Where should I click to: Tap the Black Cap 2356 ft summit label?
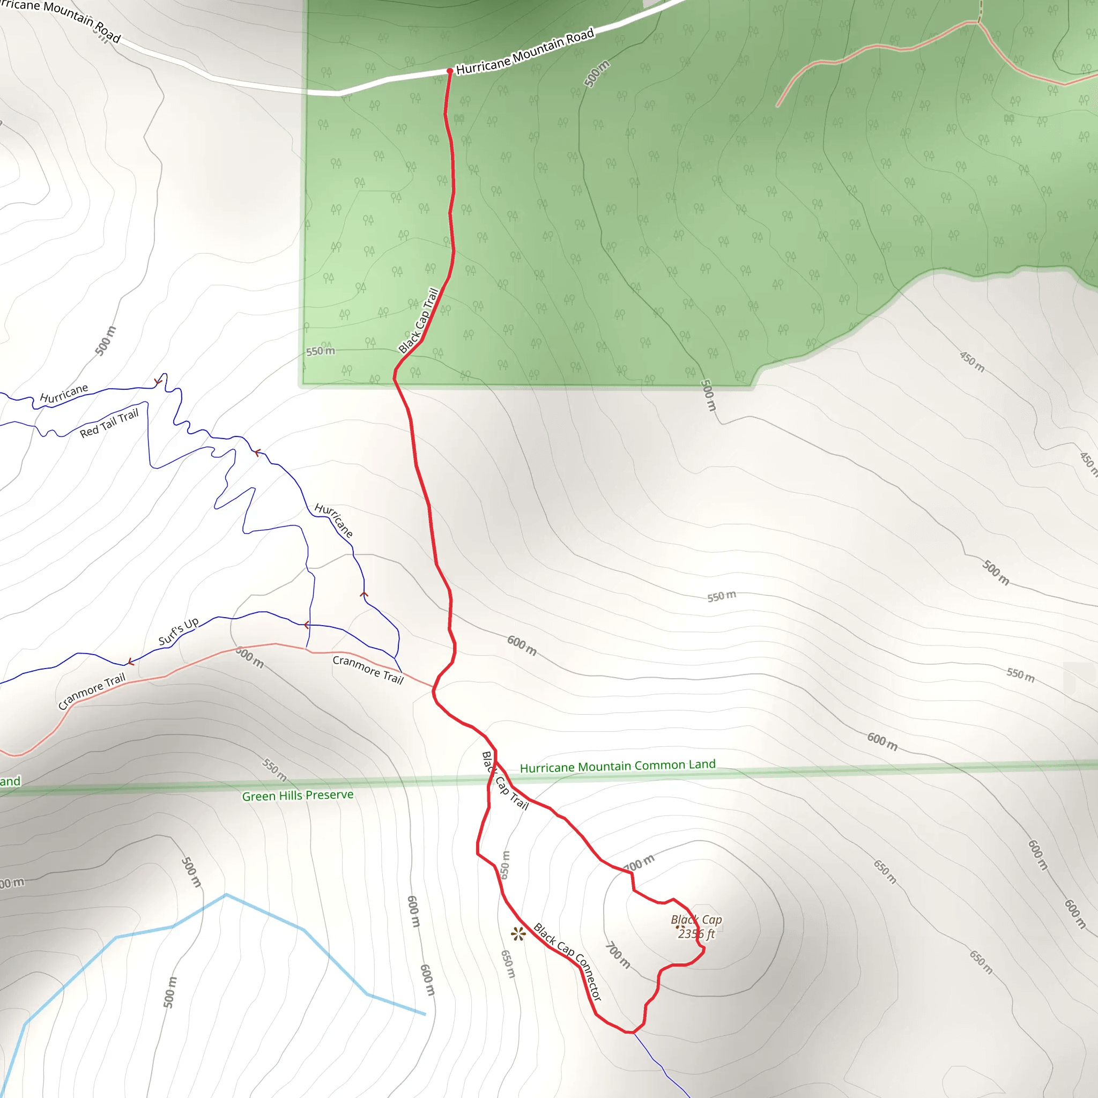pyautogui.click(x=696, y=926)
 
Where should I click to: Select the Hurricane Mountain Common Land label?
pyautogui.click(x=617, y=767)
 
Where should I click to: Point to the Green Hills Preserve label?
pyautogui.click(x=298, y=795)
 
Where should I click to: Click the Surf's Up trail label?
pyautogui.click(x=179, y=631)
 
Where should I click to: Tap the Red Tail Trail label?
pyautogui.click(x=109, y=423)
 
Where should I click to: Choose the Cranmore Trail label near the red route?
pyautogui.click(x=368, y=669)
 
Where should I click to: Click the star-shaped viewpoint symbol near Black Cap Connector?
pyautogui.click(x=518, y=933)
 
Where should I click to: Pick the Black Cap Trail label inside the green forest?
pyautogui.click(x=419, y=321)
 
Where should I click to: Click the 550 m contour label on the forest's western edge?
pyautogui.click(x=321, y=351)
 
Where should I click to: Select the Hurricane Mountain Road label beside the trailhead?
pyautogui.click(x=525, y=51)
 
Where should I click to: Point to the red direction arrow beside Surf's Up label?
pyautogui.click(x=131, y=662)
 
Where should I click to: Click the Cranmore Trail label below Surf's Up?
pyautogui.click(x=92, y=691)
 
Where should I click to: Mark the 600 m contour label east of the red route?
pyautogui.click(x=522, y=645)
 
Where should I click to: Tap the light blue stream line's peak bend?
pyautogui.click(x=226, y=895)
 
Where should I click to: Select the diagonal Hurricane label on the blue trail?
pyautogui.click(x=334, y=520)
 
